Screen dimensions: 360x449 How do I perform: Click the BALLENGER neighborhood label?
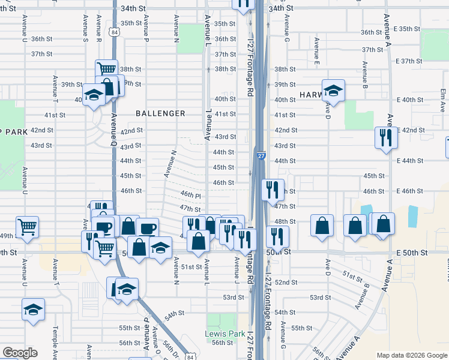pyautogui.click(x=160, y=113)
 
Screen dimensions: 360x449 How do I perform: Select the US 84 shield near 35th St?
pyautogui.click(x=114, y=32)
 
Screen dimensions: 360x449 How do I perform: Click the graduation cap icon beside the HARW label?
pyautogui.click(x=333, y=91)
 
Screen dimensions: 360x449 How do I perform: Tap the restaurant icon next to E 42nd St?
pyautogui.click(x=383, y=137)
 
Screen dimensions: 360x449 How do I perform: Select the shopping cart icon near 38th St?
pyautogui.click(x=106, y=70)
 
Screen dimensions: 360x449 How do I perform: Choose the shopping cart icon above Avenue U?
pyautogui.click(x=27, y=227)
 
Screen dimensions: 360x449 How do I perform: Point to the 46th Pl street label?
pyautogui.click(x=190, y=196)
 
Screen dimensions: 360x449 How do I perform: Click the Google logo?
pyautogui.click(x=20, y=353)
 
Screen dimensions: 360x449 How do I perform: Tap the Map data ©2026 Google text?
pyautogui.click(x=411, y=355)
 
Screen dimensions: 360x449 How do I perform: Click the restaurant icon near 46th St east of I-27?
pyautogui.click(x=273, y=190)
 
